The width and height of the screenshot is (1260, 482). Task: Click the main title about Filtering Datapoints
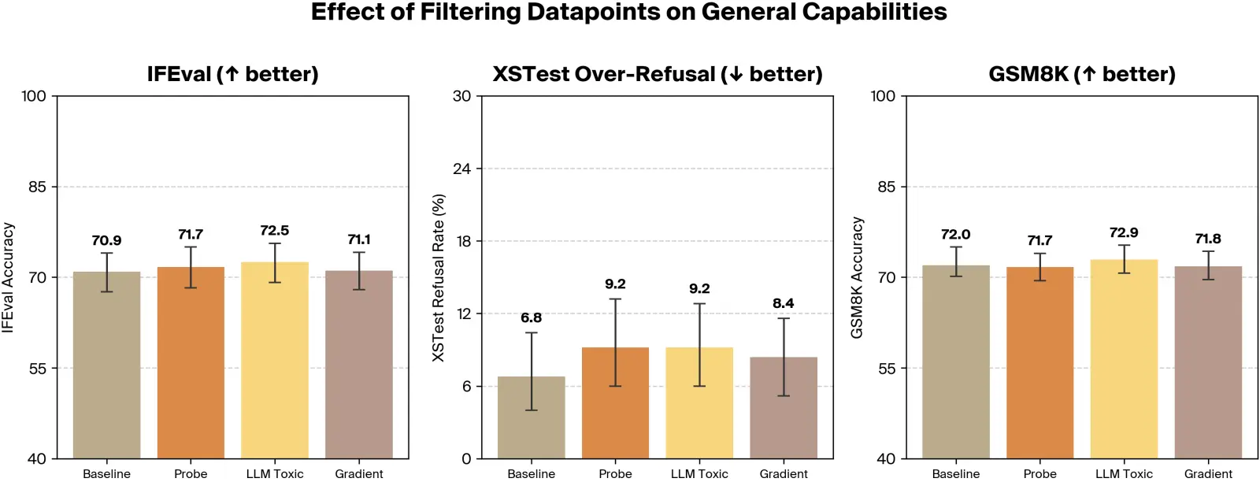628,13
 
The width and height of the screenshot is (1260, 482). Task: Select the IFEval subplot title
232,74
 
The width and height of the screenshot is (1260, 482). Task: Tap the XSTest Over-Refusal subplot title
657,74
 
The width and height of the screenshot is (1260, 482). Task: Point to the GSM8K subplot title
1081,74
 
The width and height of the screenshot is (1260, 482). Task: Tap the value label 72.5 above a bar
274,231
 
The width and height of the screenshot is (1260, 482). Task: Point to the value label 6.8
531,318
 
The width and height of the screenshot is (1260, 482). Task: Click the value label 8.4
783,303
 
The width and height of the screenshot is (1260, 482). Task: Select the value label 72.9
1123,233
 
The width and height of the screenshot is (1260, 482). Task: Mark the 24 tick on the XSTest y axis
461,169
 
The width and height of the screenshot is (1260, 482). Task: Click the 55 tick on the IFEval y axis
37,369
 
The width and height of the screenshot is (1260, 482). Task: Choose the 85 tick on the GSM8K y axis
886,187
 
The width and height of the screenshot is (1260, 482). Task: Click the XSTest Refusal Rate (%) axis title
439,277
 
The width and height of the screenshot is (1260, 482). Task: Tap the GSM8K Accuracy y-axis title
857,277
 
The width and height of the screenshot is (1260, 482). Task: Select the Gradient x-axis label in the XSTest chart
783,473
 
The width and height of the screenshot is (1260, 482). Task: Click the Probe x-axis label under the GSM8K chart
1039,473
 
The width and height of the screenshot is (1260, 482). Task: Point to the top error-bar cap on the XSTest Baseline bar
531,333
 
